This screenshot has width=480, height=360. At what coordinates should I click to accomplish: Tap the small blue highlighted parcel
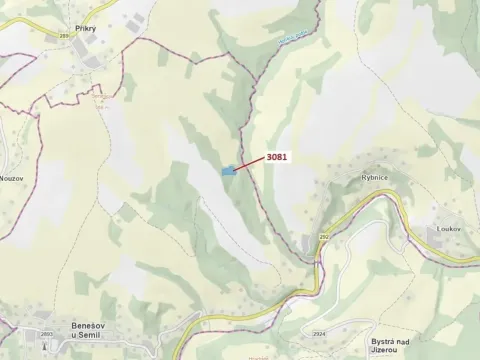[229, 171]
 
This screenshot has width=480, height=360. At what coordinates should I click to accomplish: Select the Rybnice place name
[374, 176]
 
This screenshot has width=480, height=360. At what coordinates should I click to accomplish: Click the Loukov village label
[447, 229]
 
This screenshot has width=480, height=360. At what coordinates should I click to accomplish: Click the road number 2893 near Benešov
[46, 334]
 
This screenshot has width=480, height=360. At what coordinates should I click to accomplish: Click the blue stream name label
[291, 38]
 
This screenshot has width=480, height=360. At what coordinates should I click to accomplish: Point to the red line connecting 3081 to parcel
[251, 164]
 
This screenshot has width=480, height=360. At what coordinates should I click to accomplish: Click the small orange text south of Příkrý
[99, 99]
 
